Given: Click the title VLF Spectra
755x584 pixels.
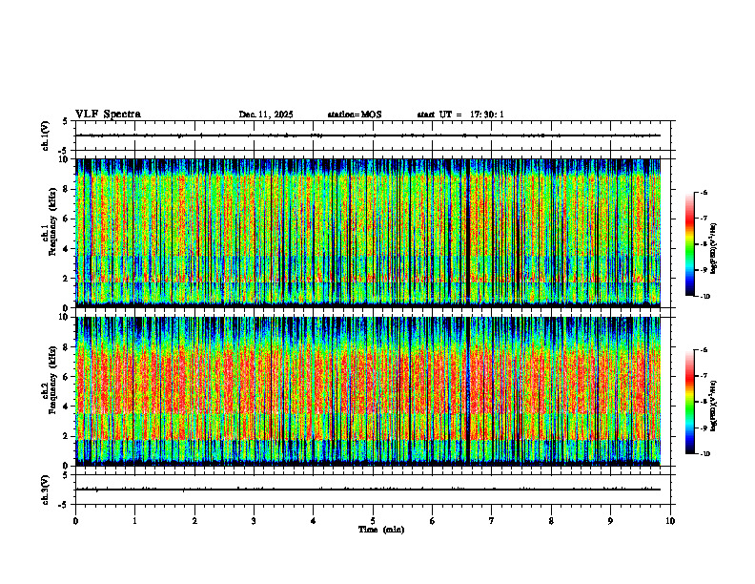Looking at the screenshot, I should tap(108, 115).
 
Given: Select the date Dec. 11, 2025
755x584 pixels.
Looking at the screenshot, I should tap(266, 115).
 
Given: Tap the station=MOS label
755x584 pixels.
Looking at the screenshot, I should tap(354, 115).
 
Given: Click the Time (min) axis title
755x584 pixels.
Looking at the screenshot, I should tap(380, 529).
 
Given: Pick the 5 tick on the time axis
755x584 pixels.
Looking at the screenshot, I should tap(373, 520).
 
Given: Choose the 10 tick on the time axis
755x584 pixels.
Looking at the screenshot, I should tap(670, 520).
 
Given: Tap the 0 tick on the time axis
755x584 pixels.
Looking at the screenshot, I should tap(75, 520).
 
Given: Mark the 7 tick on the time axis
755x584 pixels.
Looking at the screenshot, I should tap(492, 520).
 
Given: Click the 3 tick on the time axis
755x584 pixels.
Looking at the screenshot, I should tap(254, 520).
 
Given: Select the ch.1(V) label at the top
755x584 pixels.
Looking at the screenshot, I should tap(46, 136).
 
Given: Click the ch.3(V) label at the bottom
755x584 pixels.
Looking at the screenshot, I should tap(46, 489).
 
